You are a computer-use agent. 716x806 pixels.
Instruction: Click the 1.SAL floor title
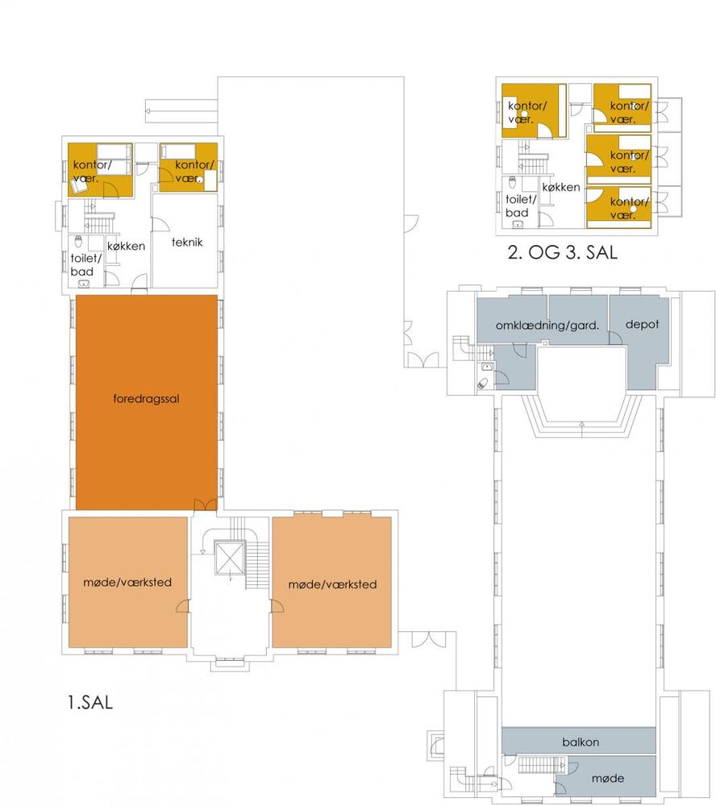tap(90, 702)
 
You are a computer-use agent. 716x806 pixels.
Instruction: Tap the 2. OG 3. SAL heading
tap(563, 252)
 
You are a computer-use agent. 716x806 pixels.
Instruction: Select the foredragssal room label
tap(146, 399)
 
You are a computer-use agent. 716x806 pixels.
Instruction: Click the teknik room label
tap(187, 242)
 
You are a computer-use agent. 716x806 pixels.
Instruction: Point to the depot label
tap(642, 324)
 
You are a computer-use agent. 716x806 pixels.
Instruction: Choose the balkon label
tap(581, 742)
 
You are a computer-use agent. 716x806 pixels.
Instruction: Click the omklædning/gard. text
tap(547, 326)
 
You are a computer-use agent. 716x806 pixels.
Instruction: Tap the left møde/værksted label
tap(127, 583)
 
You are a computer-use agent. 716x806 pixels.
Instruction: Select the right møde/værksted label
tap(332, 584)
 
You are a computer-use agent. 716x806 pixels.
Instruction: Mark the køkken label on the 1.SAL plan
tap(126, 246)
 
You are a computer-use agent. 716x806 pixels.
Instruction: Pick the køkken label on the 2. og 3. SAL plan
tap(561, 187)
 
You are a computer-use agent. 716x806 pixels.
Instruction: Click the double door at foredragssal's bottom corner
tap(206, 505)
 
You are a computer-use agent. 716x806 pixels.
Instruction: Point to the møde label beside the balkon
tap(608, 779)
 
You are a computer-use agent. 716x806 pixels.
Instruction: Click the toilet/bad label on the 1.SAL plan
tap(86, 264)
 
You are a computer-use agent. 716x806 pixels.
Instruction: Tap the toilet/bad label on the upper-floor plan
tap(521, 206)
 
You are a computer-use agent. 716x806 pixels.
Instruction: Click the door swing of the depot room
tap(616, 337)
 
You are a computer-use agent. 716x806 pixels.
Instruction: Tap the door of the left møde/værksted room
tap(182, 606)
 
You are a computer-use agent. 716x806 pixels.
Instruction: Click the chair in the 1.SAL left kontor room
tap(79, 186)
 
